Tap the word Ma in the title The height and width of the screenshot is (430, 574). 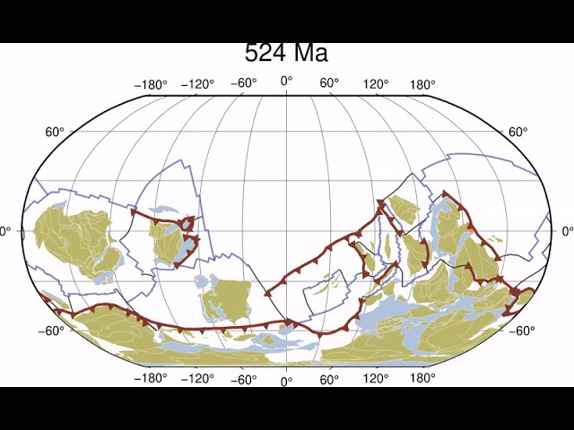[x=308, y=54]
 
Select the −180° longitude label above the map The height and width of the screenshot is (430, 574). [x=151, y=85]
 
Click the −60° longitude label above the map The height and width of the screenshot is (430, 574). [x=243, y=83]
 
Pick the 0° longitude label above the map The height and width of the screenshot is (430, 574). [x=287, y=82]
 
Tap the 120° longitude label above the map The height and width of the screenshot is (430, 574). [x=375, y=85]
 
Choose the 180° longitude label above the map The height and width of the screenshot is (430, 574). [x=422, y=85]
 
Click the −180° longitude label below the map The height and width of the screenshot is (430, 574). [x=151, y=378]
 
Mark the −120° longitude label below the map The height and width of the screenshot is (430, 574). [x=196, y=379]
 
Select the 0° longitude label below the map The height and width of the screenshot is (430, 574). [x=287, y=383]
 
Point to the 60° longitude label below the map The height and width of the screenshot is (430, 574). [x=329, y=380]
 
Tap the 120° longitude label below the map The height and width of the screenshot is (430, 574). [x=375, y=379]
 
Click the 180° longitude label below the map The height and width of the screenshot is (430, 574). [x=422, y=378]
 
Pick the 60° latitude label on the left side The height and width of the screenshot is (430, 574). [x=55, y=133]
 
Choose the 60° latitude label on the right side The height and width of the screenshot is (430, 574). [x=518, y=133]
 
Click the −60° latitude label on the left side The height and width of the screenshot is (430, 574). [x=50, y=331]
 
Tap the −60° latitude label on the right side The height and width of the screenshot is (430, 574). [x=522, y=331]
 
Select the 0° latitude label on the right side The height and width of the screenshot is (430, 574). [x=567, y=231]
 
